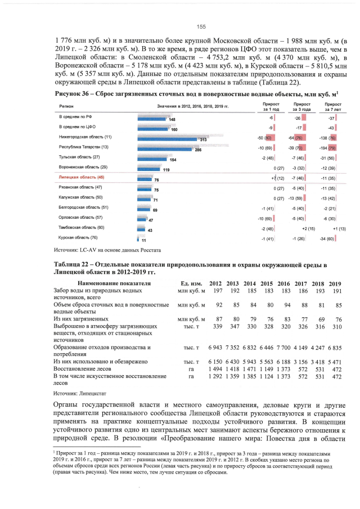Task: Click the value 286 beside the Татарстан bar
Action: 198,150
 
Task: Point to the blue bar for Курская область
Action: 138,239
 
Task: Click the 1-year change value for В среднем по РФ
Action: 271,118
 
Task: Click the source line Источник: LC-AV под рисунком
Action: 107,249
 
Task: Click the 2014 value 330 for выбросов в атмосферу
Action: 251,326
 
